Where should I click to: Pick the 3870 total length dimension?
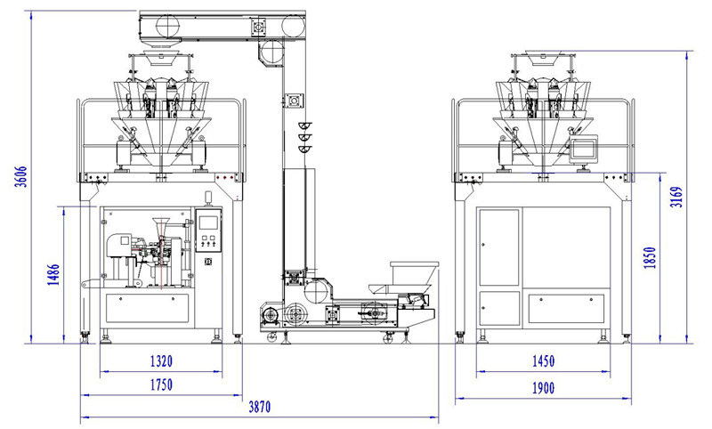pos(258,407)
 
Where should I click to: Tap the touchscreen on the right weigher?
pos(583,150)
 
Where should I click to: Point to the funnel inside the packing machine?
pos(161,227)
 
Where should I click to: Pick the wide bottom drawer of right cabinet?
pos(568,309)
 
